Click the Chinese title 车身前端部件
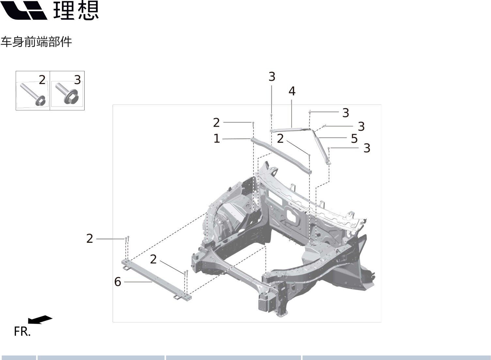point(36,42)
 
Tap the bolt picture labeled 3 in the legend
point(67,94)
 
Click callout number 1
point(216,139)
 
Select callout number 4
point(292,91)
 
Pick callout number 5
point(354,139)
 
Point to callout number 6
point(118,282)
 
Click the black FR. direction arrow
point(40,319)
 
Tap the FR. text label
point(22,332)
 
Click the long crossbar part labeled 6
point(157,280)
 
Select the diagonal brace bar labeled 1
point(281,155)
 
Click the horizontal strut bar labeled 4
point(291,130)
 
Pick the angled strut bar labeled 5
point(322,145)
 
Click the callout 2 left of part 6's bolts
point(90,238)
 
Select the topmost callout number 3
point(272,77)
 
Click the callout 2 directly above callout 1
point(216,123)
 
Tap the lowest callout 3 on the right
point(367,148)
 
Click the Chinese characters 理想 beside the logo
point(76,10)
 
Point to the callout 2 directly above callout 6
point(153,259)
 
